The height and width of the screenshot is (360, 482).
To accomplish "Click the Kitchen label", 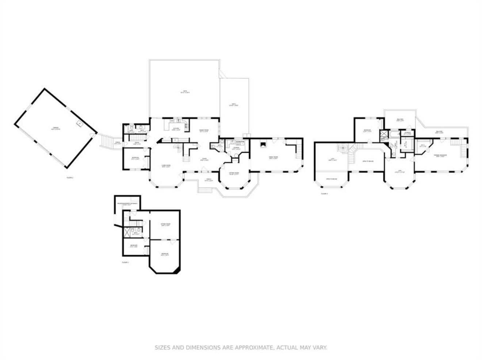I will point(176,129).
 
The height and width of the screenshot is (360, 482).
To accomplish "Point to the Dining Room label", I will point(203,131).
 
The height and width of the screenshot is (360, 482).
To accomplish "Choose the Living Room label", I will point(166,166).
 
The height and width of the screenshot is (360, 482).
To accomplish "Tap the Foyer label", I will point(204,159).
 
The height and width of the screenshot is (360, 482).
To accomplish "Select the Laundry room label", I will point(236,148).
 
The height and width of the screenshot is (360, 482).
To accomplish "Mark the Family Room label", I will point(273,158).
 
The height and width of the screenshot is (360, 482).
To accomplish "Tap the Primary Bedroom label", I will point(441,156).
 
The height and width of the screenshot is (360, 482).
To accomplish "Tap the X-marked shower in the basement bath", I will point(128,231).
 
